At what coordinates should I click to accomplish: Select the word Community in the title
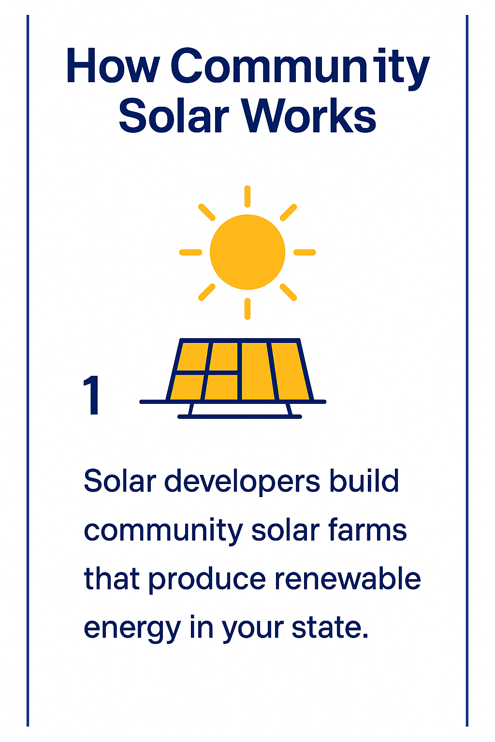(x=300, y=69)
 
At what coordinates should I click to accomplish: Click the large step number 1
(x=91, y=395)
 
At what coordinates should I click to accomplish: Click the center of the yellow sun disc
(x=247, y=252)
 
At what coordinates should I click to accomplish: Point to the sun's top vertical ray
(x=247, y=197)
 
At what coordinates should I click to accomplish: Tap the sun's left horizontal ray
(x=190, y=253)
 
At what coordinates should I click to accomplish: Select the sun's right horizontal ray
(x=305, y=253)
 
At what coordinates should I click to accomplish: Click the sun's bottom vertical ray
(x=247, y=309)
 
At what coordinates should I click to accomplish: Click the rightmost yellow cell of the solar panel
(x=290, y=371)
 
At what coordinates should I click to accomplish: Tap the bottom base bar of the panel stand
(x=240, y=416)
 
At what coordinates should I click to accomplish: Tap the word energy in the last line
(x=132, y=630)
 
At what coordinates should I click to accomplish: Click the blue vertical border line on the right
(x=467, y=371)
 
